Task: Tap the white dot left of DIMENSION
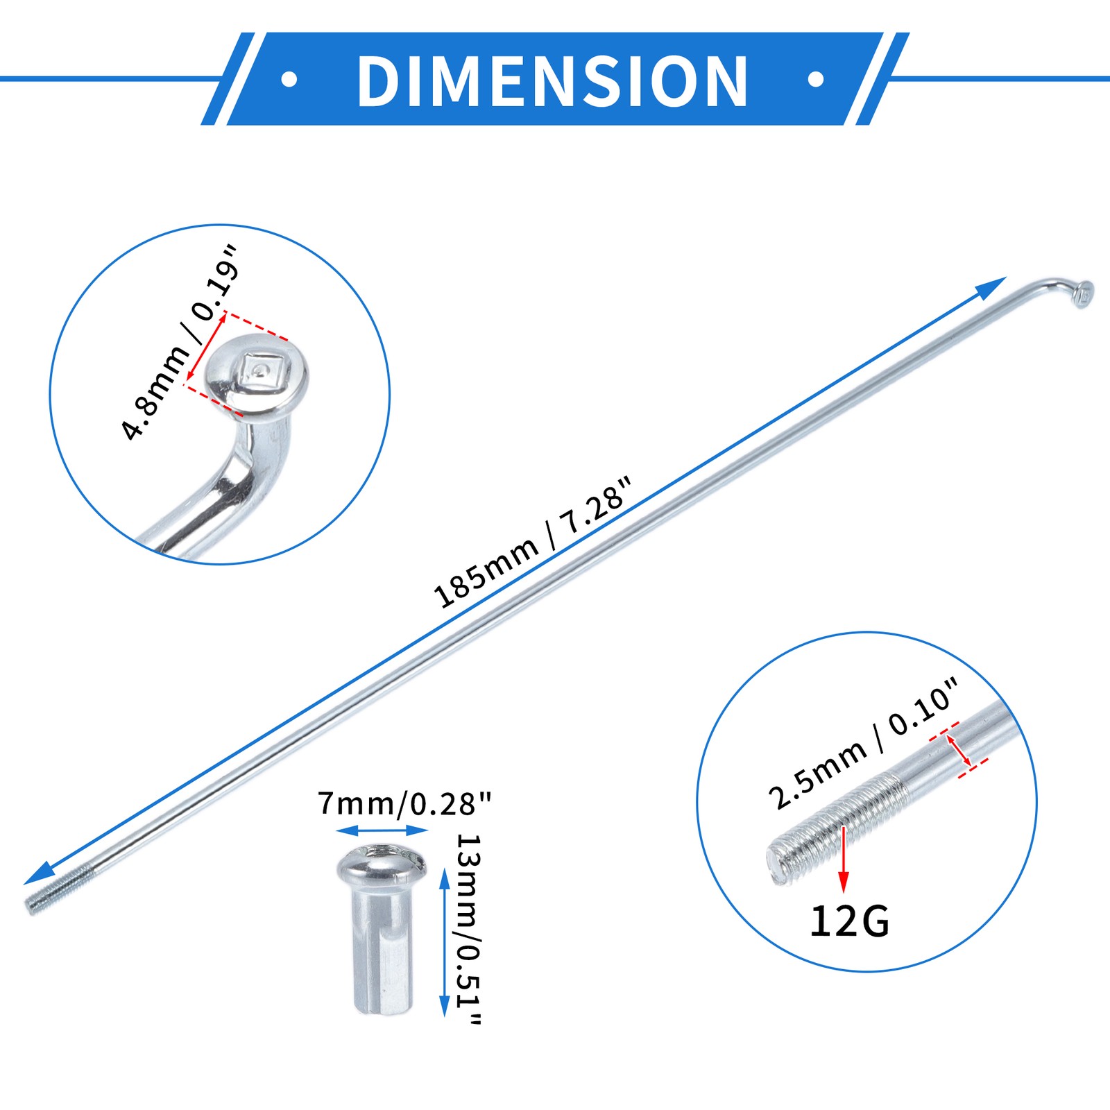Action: pos(289,80)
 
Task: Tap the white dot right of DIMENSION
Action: pos(816,80)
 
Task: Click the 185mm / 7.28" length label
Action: pos(533,543)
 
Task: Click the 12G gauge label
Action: pos(849,921)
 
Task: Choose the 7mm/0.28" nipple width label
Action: pos(404,803)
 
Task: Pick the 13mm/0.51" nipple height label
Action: pos(469,929)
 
